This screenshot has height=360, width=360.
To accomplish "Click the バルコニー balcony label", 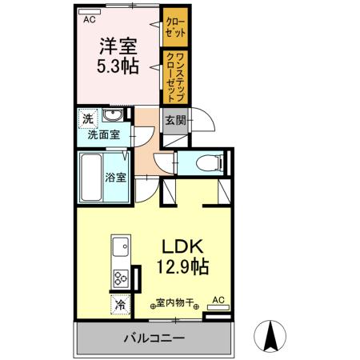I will [154, 338].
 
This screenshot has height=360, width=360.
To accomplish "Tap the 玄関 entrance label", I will [174, 121].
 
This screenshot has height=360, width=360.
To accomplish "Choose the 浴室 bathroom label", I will [116, 178].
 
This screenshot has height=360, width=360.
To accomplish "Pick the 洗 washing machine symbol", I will [87, 120].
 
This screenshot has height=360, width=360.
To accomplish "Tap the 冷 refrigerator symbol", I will [120, 305].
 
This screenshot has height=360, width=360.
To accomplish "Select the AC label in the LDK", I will [217, 302].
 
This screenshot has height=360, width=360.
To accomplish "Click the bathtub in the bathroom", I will [90, 178].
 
